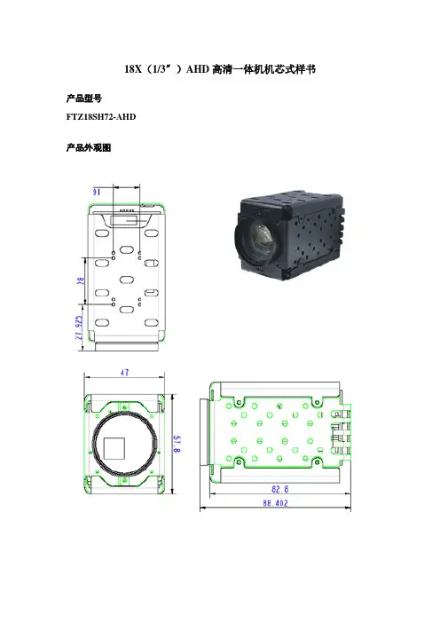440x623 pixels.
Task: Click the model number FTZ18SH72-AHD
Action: click(x=101, y=117)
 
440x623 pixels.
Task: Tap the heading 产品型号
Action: click(x=83, y=99)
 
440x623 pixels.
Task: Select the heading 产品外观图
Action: click(x=89, y=148)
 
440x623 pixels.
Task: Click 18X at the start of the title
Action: click(x=133, y=69)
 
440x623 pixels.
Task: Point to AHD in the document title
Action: click(x=198, y=69)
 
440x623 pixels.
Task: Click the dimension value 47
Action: click(x=125, y=372)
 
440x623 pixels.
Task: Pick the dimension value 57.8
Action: click(x=177, y=444)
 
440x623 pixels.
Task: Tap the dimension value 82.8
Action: click(x=280, y=489)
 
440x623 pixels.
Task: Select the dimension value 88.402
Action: click(x=275, y=503)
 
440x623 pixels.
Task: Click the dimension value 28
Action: click(x=81, y=280)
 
